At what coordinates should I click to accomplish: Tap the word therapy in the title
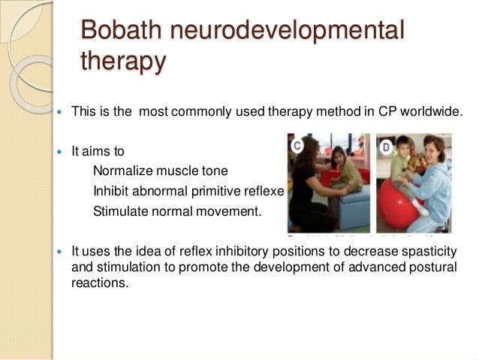tap(122, 62)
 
